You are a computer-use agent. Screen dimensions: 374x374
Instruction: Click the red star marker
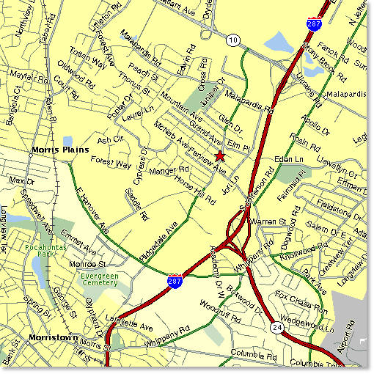(x=220, y=155)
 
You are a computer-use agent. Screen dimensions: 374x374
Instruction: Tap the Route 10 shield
(x=232, y=38)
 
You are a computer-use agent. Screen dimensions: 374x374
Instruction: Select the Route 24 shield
(x=276, y=327)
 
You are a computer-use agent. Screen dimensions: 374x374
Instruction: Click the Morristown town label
(x=54, y=338)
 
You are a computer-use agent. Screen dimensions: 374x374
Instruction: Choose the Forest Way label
(x=110, y=164)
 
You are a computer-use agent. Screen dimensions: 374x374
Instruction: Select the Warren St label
(x=266, y=220)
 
